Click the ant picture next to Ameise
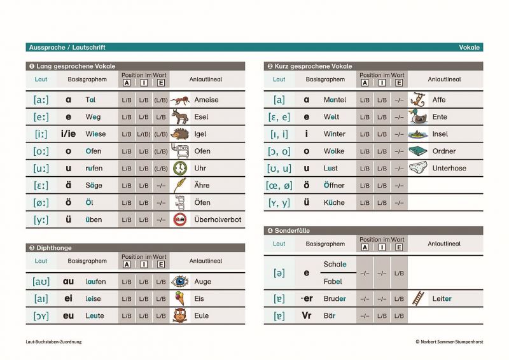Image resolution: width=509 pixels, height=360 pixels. click(180, 100)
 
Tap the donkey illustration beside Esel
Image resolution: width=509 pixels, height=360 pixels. click(180, 117)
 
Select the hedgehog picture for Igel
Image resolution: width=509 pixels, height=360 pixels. click(180, 134)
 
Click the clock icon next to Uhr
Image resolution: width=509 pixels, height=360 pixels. click(180, 169)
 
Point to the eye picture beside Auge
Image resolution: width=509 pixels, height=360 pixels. click(180, 281)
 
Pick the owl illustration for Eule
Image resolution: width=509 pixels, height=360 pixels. click(180, 315)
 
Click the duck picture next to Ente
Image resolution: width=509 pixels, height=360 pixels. click(417, 117)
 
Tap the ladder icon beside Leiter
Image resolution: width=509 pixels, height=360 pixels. click(417, 298)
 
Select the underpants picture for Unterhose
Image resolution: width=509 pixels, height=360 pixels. click(417, 169)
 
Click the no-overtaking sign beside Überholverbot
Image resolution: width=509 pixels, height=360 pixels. click(180, 220)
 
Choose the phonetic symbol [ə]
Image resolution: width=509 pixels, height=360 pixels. click(279, 273)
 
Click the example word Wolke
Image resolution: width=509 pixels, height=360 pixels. click(333, 151)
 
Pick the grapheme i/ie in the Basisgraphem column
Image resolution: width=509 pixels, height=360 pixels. click(68, 134)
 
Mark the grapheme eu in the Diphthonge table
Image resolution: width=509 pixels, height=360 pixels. click(69, 315)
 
